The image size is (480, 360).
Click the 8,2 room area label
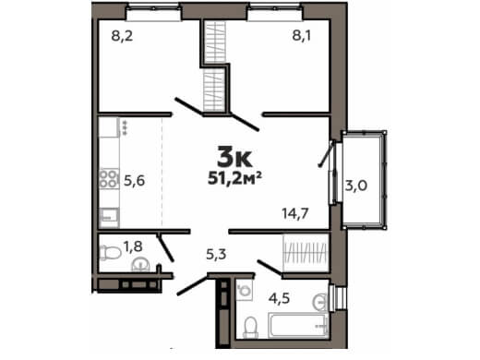click(122, 36)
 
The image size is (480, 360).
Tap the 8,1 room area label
click(302, 36)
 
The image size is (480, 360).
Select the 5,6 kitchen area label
click(134, 181)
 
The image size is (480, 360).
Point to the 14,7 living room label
click(295, 213)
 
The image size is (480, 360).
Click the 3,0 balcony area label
click(356, 186)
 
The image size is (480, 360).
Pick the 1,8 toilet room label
click(133, 246)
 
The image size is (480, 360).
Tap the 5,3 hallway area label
click(216, 254)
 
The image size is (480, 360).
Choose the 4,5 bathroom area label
click(279, 298)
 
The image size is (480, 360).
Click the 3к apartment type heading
click(234, 156)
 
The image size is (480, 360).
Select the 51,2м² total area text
click(234, 178)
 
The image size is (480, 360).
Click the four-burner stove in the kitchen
click(109, 179)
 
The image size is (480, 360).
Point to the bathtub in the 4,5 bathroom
click(298, 325)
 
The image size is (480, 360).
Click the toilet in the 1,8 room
click(111, 253)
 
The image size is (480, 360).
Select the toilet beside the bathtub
click(251, 328)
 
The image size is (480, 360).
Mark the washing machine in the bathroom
click(245, 290)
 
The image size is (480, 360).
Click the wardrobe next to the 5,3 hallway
click(306, 253)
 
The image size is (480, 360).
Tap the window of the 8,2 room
click(153, 13)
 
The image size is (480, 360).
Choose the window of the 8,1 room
click(275, 13)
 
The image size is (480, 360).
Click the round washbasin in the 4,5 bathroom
click(320, 302)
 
